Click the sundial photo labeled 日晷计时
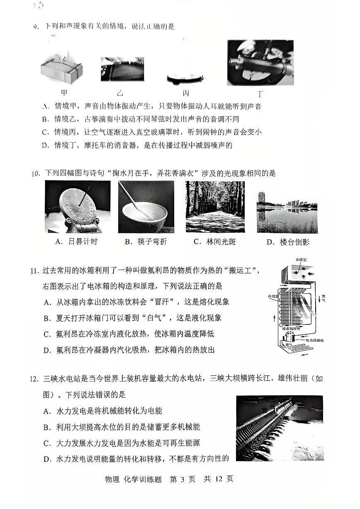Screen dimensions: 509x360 (78, 207)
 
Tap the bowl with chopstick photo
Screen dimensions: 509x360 (146, 207)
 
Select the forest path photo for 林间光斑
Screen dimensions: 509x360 (215, 207)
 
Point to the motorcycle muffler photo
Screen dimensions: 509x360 (260, 62)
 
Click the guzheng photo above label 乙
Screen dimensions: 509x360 (122, 69)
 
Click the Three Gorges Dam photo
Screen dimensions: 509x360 (279, 428)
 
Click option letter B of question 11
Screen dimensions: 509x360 (46, 318)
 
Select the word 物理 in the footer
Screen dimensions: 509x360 (112, 479)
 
